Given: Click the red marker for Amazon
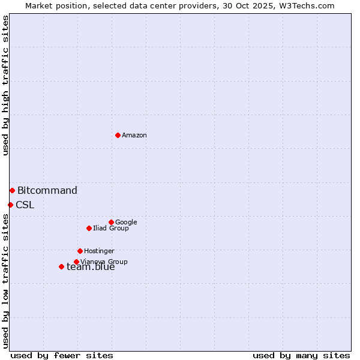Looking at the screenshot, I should (118, 135).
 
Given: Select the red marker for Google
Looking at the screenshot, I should (111, 222).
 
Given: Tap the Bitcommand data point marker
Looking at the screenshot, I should (12, 190).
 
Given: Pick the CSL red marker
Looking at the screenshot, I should (10, 205).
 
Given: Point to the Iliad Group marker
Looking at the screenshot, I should (89, 228).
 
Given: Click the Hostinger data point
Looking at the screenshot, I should (80, 251).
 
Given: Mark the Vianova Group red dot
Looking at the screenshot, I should (76, 262).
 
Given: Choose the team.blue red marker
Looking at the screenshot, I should (61, 266).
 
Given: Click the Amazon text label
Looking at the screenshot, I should (134, 136).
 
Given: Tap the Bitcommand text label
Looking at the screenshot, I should (47, 191).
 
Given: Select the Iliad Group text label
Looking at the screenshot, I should (111, 229).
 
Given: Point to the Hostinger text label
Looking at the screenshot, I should (99, 251).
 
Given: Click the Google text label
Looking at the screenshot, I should (126, 223).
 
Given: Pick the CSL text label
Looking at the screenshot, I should (25, 205).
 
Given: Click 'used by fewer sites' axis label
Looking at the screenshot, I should (62, 355).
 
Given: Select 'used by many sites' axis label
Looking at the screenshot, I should (301, 355).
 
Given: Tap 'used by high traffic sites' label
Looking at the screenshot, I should (5, 85).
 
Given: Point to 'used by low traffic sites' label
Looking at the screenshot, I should (5, 281).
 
